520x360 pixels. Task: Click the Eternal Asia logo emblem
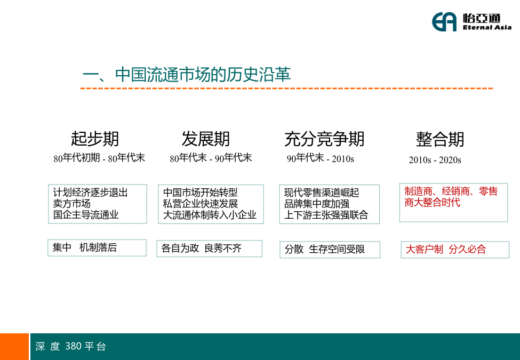(x=444, y=22)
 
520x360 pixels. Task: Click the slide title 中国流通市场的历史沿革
(x=203, y=74)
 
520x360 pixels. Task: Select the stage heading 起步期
(x=95, y=139)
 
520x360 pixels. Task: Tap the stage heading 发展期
(x=206, y=139)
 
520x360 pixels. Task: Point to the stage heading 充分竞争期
(x=324, y=139)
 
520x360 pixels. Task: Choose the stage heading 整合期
(x=440, y=139)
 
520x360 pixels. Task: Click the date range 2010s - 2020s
(x=435, y=160)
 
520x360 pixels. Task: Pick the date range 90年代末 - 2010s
(x=321, y=158)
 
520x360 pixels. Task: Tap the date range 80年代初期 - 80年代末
(x=99, y=158)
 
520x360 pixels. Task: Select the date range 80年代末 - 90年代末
(x=211, y=158)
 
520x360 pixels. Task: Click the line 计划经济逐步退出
(x=90, y=192)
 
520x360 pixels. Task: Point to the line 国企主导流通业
(x=85, y=214)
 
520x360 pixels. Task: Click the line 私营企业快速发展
(x=201, y=204)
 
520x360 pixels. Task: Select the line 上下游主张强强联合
(x=326, y=215)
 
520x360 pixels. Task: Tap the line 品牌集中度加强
(x=317, y=204)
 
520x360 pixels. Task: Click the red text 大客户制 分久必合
(x=446, y=249)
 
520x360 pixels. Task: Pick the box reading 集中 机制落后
(x=97, y=247)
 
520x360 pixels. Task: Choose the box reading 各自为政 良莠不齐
(x=209, y=249)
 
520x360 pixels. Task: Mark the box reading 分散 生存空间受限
(x=330, y=249)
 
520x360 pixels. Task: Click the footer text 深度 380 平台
(x=70, y=346)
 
